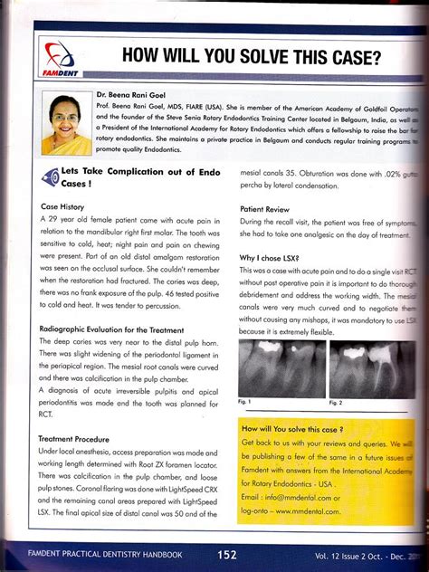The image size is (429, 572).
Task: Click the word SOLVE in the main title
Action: click(280, 57)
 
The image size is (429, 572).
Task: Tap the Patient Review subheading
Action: click(264, 208)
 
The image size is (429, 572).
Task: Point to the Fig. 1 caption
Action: click(244, 401)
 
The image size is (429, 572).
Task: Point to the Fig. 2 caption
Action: click(335, 401)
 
